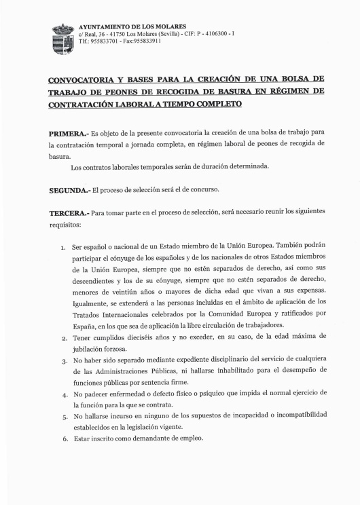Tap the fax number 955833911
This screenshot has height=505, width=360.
click(145, 41)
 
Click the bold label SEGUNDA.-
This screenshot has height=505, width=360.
click(69, 190)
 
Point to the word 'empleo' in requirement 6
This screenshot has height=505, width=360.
click(191, 438)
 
